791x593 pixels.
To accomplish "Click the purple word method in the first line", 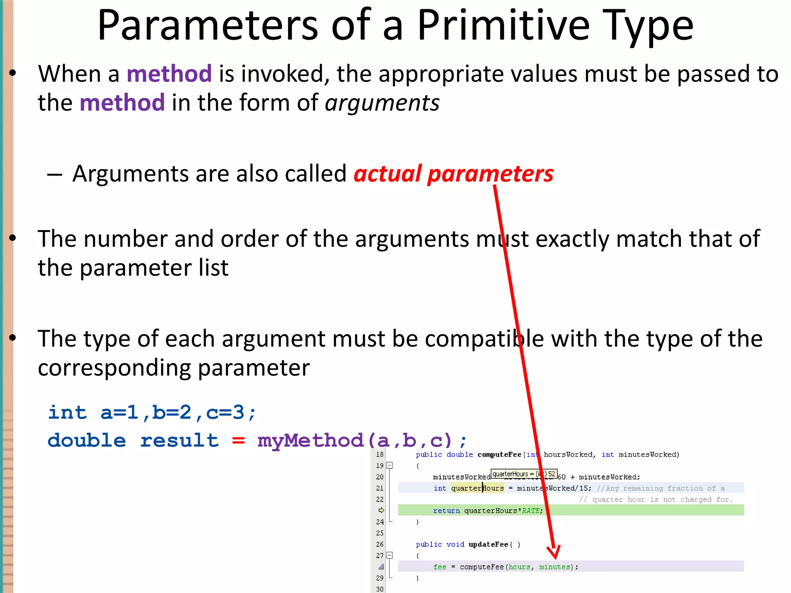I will point(169,74).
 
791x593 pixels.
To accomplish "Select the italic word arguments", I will point(382,103).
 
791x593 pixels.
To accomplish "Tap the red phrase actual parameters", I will point(453,174).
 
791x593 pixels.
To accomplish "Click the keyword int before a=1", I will point(67,413).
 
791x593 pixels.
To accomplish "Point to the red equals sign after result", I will point(238,441).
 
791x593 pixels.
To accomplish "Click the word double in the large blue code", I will point(87,441).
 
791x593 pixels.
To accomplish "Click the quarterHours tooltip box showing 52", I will point(524,474).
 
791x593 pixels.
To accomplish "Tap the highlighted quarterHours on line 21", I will point(477,488).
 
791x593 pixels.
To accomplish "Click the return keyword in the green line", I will point(446,511).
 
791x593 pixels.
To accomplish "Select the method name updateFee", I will point(488,544).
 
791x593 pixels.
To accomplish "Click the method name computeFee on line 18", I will point(499,455).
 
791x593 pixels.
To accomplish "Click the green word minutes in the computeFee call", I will point(555,567).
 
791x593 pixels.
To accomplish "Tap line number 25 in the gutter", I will point(380,533).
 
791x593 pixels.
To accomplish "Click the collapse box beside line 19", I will point(390,466).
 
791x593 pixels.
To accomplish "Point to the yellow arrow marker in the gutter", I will point(381,510).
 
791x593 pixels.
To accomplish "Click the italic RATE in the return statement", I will point(530,511).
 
